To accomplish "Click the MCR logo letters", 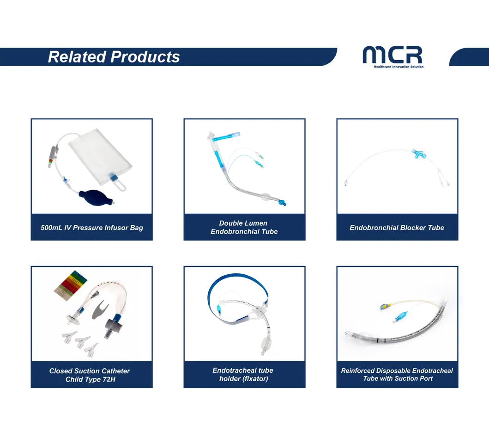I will tap(392, 55).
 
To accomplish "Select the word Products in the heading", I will tap(145, 57).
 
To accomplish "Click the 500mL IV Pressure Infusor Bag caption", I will tap(91, 228).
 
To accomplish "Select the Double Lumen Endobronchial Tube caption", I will tap(244, 227).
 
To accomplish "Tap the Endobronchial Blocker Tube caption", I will tap(397, 228).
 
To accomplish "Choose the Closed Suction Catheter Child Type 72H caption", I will tap(90, 375).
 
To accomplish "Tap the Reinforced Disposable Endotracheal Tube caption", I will tap(397, 374).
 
